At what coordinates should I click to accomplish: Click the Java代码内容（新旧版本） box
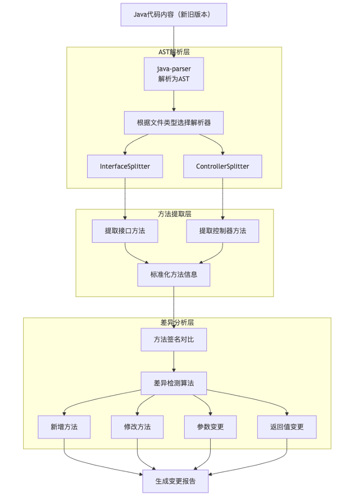(174, 14)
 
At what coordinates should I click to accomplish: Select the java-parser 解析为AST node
(174, 74)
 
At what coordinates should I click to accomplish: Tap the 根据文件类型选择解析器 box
(174, 122)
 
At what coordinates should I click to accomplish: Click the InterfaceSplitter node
(125, 166)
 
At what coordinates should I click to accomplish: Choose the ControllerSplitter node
(222, 166)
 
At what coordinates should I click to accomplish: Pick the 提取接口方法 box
(125, 231)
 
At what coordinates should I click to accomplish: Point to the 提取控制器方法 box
(222, 231)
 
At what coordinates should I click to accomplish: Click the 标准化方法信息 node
(174, 274)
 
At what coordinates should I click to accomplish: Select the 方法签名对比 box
(174, 339)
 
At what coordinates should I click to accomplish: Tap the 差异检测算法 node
(174, 383)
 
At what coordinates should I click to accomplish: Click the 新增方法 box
(64, 427)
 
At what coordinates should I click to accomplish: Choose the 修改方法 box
(137, 427)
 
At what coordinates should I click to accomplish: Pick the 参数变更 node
(210, 427)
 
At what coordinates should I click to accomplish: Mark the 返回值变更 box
(287, 427)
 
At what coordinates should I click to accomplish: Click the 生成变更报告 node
(175, 481)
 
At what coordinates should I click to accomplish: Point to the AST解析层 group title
(174, 52)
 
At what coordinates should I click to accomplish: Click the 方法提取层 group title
(174, 214)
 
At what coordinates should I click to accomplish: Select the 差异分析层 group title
(177, 323)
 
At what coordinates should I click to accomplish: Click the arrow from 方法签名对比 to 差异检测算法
(174, 361)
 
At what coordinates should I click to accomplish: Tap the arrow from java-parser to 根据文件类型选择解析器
(174, 101)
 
